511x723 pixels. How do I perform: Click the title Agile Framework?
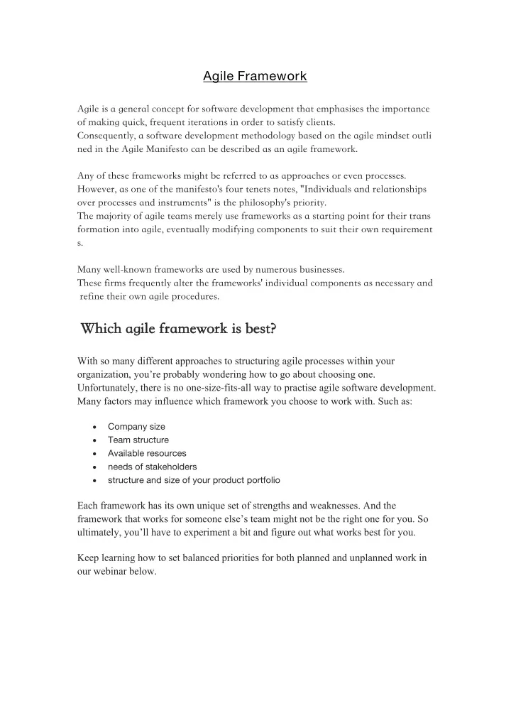[x=255, y=75]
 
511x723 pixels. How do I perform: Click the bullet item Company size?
[x=136, y=427]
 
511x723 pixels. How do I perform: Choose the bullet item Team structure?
[x=138, y=440]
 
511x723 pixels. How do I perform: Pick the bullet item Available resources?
[x=147, y=453]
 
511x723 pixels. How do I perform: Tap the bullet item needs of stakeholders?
[x=152, y=467]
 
